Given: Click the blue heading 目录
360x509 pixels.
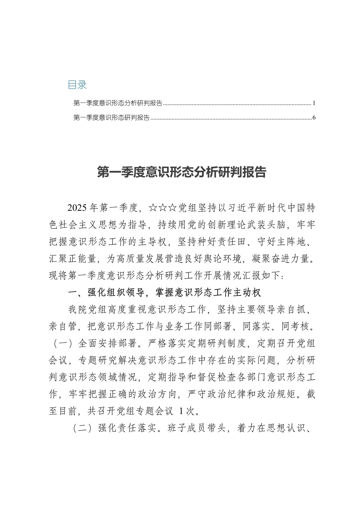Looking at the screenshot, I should [x=77, y=85].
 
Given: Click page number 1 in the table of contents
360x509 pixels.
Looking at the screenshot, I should [x=314, y=103].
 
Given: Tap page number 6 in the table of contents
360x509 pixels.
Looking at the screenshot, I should [x=314, y=118].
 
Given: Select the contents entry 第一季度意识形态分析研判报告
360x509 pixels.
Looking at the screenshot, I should [x=118, y=103].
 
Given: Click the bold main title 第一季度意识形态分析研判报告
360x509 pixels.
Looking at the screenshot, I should [x=182, y=172].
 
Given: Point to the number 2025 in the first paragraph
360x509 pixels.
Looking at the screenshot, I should [x=78, y=208].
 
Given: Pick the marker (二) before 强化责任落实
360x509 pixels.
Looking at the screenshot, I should [x=83, y=428].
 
